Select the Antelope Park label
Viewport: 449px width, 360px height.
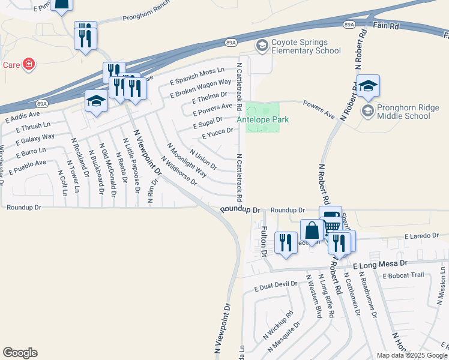tap(262, 119)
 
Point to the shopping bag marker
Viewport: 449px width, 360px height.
tap(312, 231)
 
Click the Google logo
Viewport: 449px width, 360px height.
tap(20, 353)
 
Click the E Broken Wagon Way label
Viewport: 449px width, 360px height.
tap(200, 88)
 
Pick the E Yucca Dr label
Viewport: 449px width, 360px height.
tap(217, 133)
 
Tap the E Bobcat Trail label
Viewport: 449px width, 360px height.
tap(403, 275)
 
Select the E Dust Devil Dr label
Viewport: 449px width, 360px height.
tap(276, 287)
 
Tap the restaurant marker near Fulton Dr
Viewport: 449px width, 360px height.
tap(285, 242)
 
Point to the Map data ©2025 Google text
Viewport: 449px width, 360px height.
tap(411, 355)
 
